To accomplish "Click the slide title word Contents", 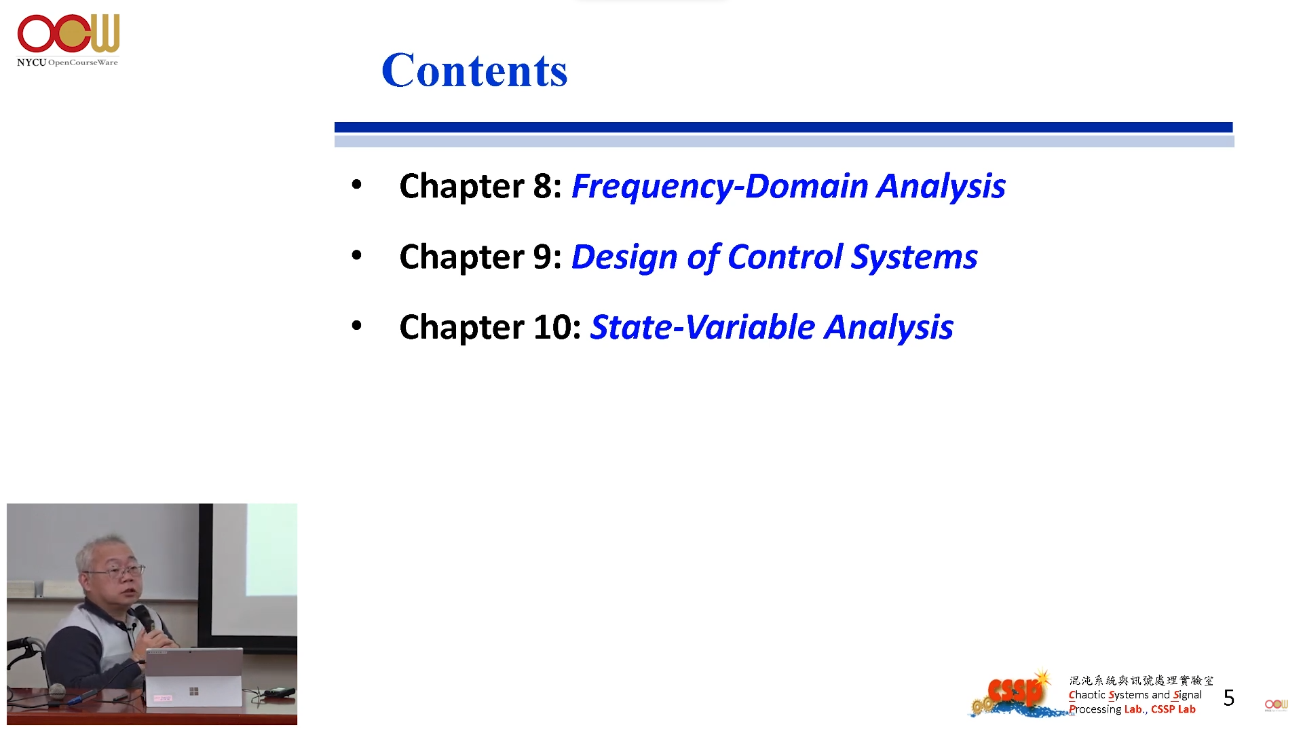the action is click(x=474, y=70).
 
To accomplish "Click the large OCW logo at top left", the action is click(x=69, y=33).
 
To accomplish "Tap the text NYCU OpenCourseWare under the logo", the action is click(x=67, y=62).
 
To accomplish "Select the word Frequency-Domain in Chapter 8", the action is click(x=720, y=187).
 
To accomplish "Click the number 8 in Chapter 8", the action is click(x=543, y=186).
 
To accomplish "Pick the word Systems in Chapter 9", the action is click(x=914, y=257).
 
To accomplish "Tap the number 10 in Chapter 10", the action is click(x=553, y=327).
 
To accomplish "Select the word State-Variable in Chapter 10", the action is click(x=702, y=327).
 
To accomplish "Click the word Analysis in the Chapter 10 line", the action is click(x=888, y=328).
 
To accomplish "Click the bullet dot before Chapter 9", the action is click(x=357, y=255).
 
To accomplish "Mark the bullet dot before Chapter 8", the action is click(x=357, y=185).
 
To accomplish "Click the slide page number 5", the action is click(x=1228, y=698).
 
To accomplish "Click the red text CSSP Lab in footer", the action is click(x=1173, y=709).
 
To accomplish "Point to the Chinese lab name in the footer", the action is click(x=1141, y=680).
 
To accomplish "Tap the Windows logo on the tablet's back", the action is click(x=194, y=691).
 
